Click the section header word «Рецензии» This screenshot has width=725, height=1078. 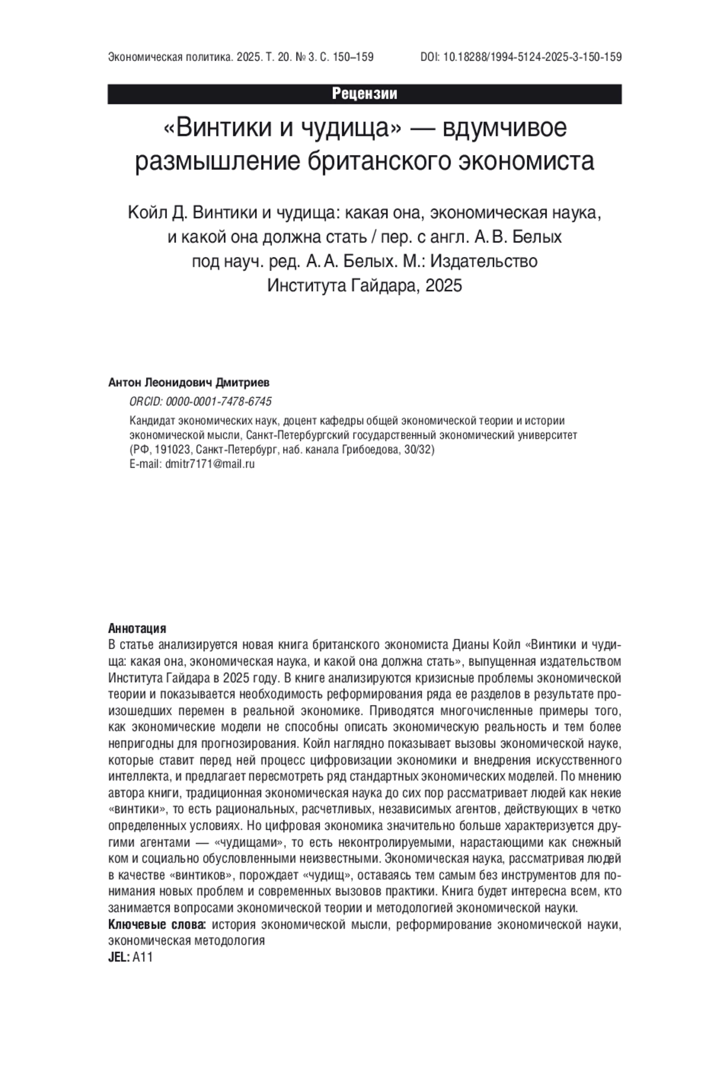[364, 94]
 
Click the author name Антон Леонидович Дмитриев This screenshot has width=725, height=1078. [189, 383]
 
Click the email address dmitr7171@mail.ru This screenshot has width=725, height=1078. [210, 464]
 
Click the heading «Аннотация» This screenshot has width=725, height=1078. [137, 629]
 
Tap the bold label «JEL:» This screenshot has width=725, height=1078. [118, 957]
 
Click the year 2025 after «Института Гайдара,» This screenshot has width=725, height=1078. [443, 285]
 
